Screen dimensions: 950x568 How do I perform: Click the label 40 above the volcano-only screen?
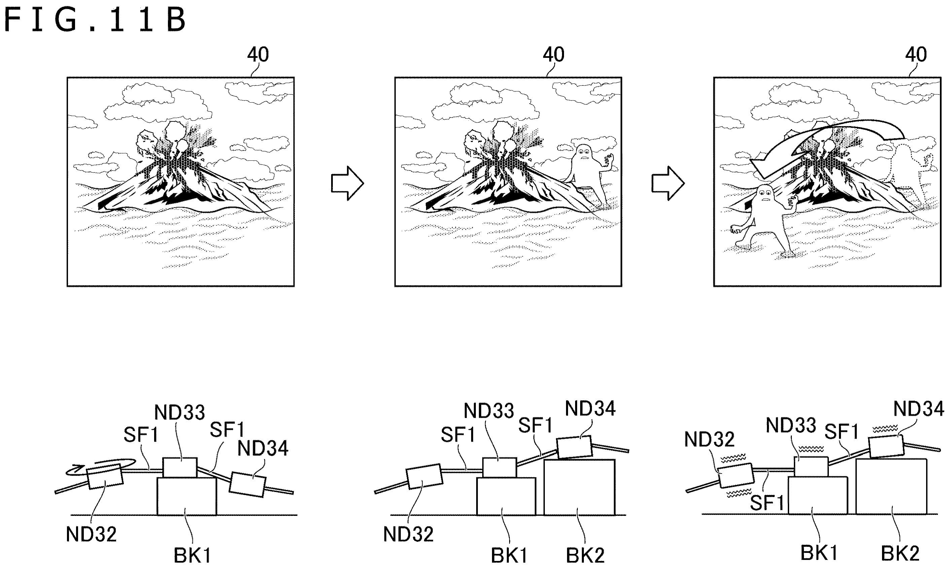pyautogui.click(x=258, y=55)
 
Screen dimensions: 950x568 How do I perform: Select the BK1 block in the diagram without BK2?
pyautogui.click(x=187, y=496)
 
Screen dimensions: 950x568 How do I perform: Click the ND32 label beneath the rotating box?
pyautogui.click(x=91, y=534)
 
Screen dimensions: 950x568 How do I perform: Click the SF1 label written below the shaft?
pyautogui.click(x=767, y=502)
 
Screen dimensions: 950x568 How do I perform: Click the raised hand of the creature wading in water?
pyautogui.click(x=791, y=201)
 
